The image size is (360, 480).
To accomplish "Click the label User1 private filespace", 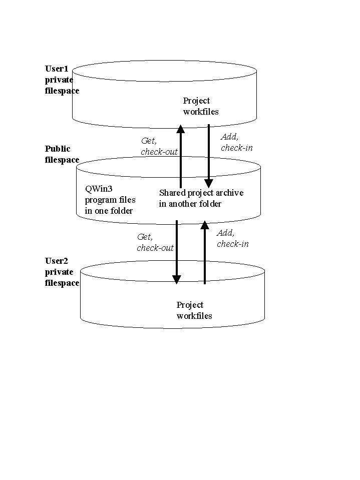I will click(x=62, y=80).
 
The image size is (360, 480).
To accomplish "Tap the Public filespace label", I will click(x=62, y=154).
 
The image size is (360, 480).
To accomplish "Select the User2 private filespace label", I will click(x=62, y=272).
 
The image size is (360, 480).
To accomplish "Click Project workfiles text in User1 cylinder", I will click(x=200, y=106).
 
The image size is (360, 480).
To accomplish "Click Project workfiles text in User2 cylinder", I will click(x=194, y=310).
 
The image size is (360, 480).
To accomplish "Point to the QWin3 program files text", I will click(x=110, y=200).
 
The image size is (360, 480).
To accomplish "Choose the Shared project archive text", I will click(x=201, y=198).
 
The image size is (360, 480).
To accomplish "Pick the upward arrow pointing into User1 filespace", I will click(x=181, y=155).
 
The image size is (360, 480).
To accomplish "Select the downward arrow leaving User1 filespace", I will click(x=209, y=155).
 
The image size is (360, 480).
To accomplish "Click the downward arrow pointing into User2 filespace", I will click(x=176, y=250).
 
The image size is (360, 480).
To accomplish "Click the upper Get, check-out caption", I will click(x=159, y=146).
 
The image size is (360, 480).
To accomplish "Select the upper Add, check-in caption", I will click(x=236, y=142).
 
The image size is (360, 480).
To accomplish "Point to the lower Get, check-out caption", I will click(x=155, y=242).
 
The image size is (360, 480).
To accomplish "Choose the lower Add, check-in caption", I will click(x=232, y=238).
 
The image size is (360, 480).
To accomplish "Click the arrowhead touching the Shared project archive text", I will click(x=209, y=183).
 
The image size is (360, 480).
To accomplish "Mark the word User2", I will click(x=56, y=261).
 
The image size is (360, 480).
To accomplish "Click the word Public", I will click(x=58, y=149).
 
